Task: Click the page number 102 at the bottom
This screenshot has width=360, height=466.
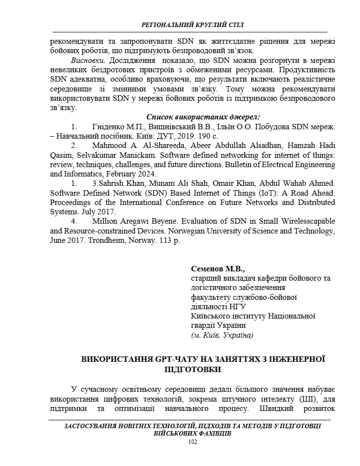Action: point(192,442)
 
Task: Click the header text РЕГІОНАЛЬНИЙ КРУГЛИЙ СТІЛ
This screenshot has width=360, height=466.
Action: point(192,24)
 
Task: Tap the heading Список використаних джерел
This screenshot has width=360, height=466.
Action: point(203,117)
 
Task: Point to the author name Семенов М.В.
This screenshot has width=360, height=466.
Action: point(218,269)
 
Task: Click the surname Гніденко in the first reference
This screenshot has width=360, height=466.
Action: point(109,126)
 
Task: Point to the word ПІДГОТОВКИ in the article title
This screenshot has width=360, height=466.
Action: point(192,369)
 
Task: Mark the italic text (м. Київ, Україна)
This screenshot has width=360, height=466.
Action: point(222,335)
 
